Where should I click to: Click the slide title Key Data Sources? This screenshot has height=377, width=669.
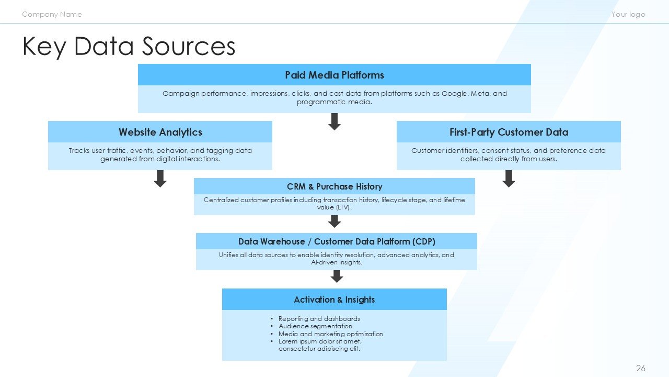coord(129,47)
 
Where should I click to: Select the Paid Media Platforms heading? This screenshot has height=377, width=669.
coord(334,75)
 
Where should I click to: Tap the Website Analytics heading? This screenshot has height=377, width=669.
coord(160,132)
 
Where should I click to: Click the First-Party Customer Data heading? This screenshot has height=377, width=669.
coord(508,132)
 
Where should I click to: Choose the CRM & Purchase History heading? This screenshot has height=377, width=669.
coord(334,186)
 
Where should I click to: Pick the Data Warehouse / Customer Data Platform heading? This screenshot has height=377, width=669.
coord(336,241)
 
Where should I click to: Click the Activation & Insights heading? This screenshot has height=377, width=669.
coord(334,300)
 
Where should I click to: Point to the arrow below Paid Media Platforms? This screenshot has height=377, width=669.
coord(334,121)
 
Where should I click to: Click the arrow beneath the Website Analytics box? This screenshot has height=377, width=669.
coord(160,179)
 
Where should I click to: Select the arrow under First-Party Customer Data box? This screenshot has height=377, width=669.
coord(509,179)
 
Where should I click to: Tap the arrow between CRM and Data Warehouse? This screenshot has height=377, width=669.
coord(334,221)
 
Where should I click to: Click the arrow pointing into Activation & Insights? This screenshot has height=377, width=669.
coord(337,276)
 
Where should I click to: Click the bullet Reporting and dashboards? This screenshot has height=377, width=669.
coord(319,318)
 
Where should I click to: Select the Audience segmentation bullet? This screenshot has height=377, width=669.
coord(315,326)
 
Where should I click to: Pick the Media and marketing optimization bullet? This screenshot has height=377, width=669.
coord(330,334)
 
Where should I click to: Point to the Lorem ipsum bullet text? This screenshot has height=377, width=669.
coord(319,345)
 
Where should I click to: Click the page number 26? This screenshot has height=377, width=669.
coord(641,368)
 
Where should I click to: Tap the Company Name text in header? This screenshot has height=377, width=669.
coord(52,14)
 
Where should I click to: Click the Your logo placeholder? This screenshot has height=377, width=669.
coord(628,14)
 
